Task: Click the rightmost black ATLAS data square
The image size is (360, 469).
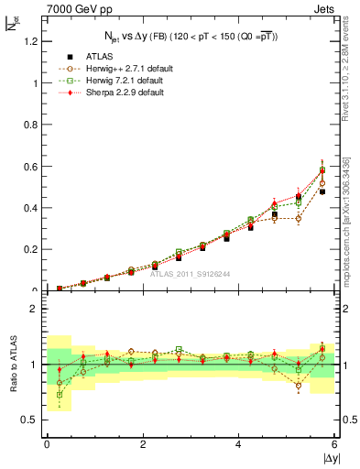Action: [322, 191]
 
